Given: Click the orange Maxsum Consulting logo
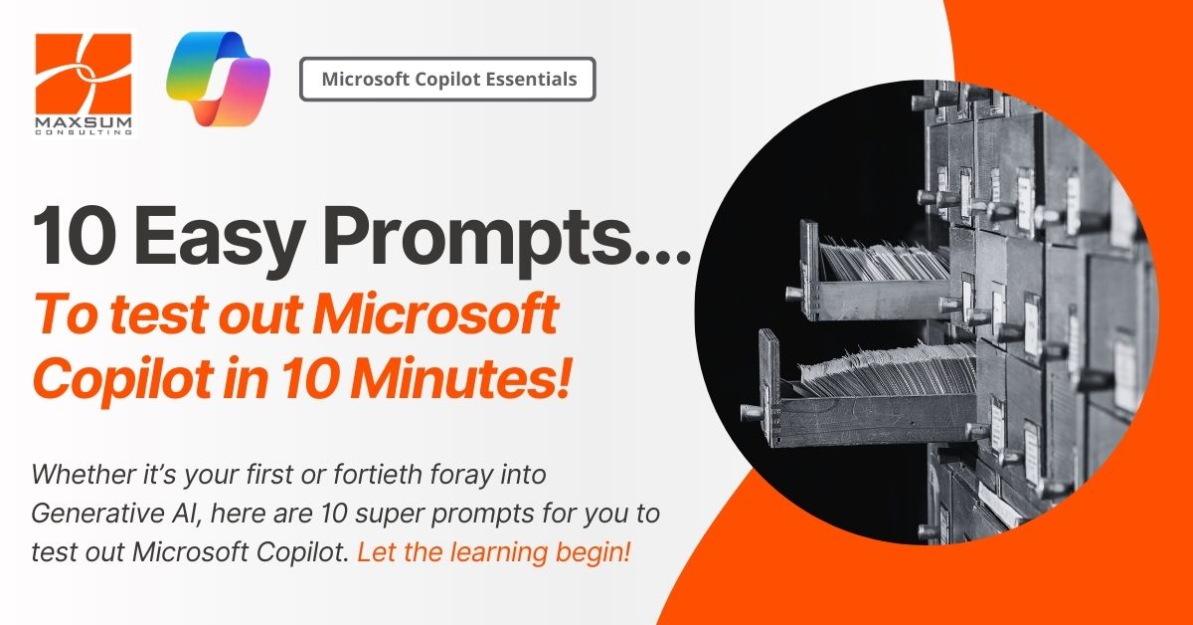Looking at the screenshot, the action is [84, 83].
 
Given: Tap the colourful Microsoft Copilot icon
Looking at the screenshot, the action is [219, 79].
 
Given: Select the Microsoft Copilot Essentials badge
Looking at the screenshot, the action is [447, 79].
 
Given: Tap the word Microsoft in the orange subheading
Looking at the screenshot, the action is [435, 313].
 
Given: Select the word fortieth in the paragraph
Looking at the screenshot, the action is [379, 474].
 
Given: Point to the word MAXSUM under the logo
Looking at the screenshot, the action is [84, 123].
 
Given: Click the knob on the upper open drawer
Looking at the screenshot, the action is [793, 293].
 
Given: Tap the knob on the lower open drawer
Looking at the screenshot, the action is [750, 411].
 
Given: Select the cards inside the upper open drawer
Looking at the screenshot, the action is [884, 261].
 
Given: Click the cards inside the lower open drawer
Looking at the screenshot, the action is [887, 369].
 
